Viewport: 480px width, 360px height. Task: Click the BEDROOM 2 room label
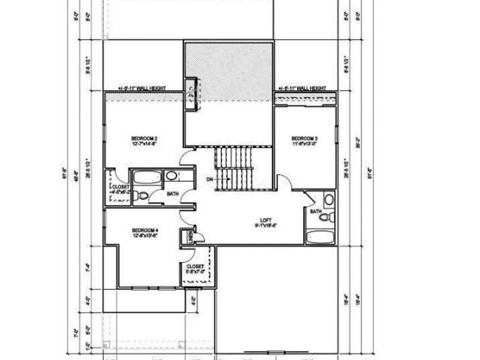click(x=144, y=139)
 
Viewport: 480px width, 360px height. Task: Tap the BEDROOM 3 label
click(x=304, y=139)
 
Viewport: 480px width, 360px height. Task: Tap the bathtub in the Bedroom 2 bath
click(x=146, y=177)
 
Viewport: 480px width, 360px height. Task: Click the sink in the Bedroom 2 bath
click(x=172, y=176)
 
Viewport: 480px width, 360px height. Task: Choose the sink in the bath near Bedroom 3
click(x=329, y=200)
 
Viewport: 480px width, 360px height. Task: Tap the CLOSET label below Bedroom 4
click(x=195, y=266)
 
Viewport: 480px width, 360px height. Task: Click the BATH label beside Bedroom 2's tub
click(x=172, y=194)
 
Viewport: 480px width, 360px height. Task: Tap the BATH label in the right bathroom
click(x=315, y=211)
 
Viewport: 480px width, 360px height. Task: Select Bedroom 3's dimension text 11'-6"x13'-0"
click(x=304, y=144)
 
